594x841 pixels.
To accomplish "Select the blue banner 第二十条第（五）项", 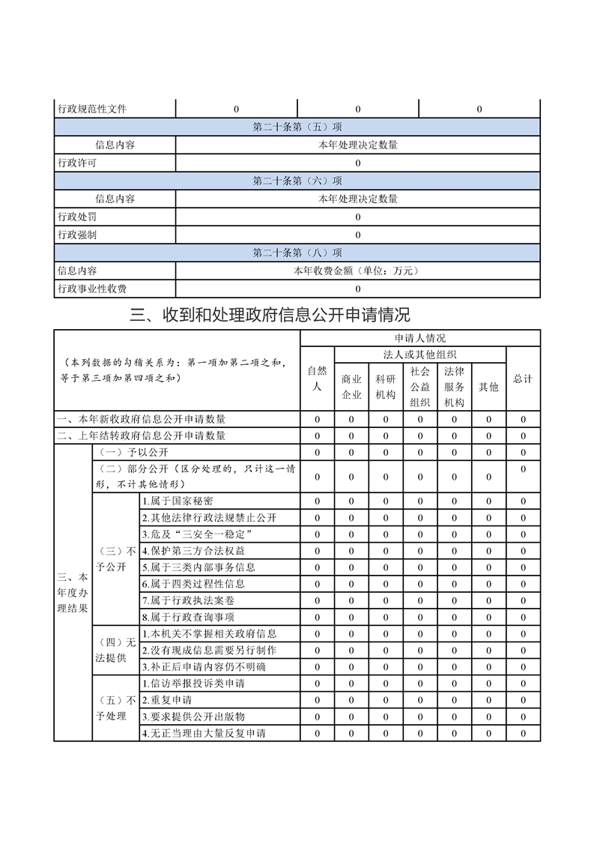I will pos(297,127).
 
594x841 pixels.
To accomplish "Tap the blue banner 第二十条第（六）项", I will pos(297,181).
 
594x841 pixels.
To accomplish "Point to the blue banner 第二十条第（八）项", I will pos(297,253).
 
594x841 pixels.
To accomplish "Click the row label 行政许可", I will pos(77,163).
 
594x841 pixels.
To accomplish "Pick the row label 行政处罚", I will pos(77,217).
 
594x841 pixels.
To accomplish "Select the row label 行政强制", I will pos(77,235).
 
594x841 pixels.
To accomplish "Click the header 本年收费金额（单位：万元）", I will pos(357,271).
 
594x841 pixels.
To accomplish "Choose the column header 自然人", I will pos(317,379).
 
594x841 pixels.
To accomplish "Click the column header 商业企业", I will pos(351,387).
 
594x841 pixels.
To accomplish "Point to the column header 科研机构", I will pos(386,387).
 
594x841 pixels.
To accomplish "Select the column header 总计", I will pos(523,379).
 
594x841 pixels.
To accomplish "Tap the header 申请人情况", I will pos(419,338).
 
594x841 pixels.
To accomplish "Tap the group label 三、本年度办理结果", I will pos(72,592).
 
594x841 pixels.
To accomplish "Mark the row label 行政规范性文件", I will pos(92,109).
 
